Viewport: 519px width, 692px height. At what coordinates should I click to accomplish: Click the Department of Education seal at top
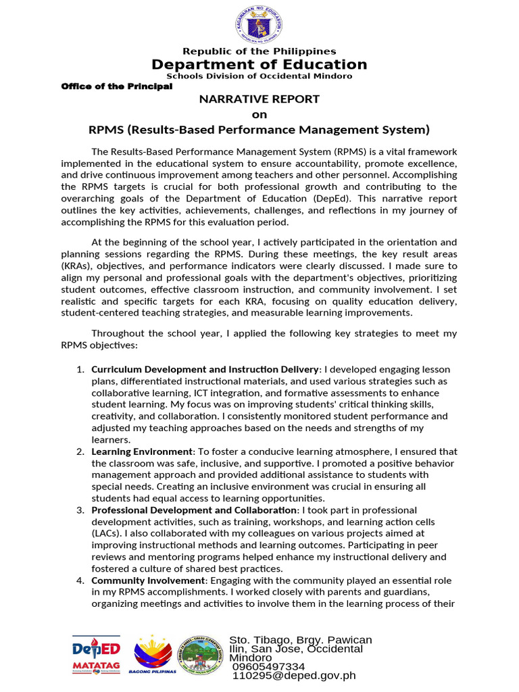pyautogui.click(x=259, y=24)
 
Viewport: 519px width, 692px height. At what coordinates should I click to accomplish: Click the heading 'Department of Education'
pyautogui.click(x=259, y=64)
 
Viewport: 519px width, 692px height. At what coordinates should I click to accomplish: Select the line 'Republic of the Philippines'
pyautogui.click(x=259, y=51)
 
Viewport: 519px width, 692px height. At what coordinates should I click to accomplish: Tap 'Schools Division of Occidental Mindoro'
pyautogui.click(x=259, y=76)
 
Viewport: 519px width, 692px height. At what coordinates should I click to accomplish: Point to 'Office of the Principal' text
pyautogui.click(x=117, y=86)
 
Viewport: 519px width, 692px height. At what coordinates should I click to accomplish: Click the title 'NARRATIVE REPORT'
pyautogui.click(x=259, y=99)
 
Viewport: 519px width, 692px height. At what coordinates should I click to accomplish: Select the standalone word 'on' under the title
pyautogui.click(x=259, y=114)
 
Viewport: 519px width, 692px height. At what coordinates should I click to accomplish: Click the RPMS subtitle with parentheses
pyautogui.click(x=259, y=129)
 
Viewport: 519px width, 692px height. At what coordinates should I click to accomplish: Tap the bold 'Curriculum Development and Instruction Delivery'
pyautogui.click(x=205, y=370)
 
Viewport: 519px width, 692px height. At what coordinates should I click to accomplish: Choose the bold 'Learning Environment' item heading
pyautogui.click(x=142, y=451)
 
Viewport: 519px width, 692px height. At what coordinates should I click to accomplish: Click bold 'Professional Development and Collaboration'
pyautogui.click(x=194, y=510)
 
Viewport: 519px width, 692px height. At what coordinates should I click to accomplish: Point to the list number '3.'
pyautogui.click(x=80, y=510)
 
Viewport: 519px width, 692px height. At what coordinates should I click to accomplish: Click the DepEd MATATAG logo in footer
pyautogui.click(x=96, y=655)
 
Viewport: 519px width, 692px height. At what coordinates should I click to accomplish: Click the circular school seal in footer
pyautogui.click(x=203, y=653)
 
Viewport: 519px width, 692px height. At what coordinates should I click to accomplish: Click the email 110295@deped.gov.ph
pyautogui.click(x=293, y=676)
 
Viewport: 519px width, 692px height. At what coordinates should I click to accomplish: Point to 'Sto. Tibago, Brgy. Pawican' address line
pyautogui.click(x=301, y=640)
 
